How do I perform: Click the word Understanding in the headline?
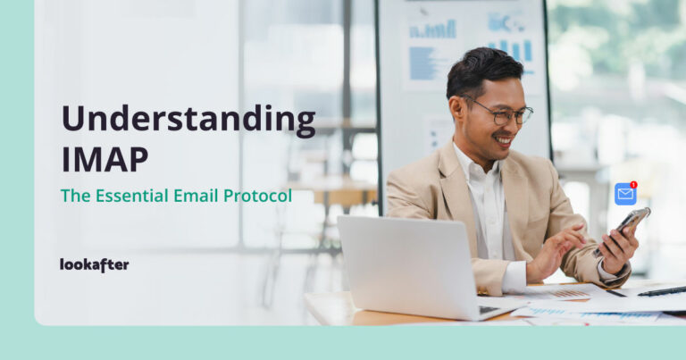pos(188,121)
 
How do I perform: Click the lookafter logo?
pos(94,264)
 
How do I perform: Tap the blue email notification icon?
pos(624,194)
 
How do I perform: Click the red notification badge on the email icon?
pos(633,185)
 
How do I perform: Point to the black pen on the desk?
pos(661,291)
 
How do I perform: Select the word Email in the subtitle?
pos(194,195)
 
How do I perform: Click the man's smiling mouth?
pos(504,140)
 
